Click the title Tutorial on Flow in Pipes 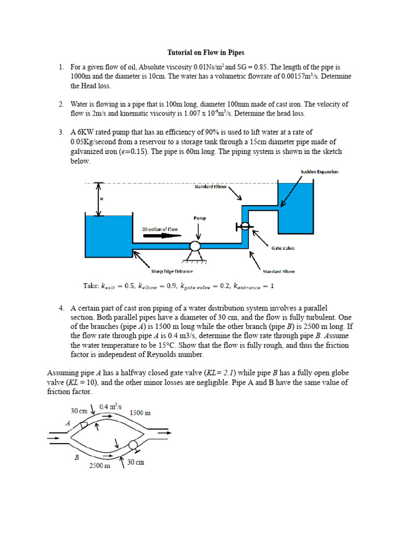click(x=205, y=53)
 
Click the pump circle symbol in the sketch click(x=196, y=246)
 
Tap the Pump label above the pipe click(x=200, y=218)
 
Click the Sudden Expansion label click(x=319, y=171)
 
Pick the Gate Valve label click(x=282, y=248)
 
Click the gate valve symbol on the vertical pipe click(x=244, y=226)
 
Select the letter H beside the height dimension click(x=94, y=199)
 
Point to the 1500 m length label click(x=141, y=413)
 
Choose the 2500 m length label click(x=99, y=466)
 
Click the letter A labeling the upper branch click(x=68, y=423)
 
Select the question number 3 click(x=61, y=133)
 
